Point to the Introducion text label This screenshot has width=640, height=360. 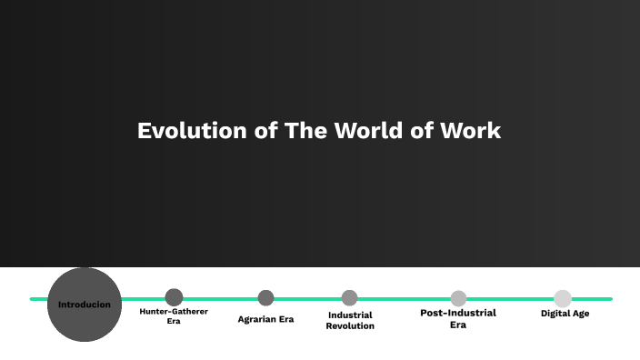85,305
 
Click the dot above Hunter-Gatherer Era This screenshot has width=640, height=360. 174,297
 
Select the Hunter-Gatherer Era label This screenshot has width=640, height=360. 174,315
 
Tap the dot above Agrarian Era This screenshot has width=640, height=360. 265,297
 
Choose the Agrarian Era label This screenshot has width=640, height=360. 265,319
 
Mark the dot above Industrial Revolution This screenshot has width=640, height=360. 350,297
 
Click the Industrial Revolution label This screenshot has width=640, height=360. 350,320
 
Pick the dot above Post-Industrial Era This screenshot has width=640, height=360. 458,298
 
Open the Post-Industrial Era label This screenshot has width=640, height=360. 458,318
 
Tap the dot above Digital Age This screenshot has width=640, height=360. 563,298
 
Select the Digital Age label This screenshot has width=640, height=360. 565,314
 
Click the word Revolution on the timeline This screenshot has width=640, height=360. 350,325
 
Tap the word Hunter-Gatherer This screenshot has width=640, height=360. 174,311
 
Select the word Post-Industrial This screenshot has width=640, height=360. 458,313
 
